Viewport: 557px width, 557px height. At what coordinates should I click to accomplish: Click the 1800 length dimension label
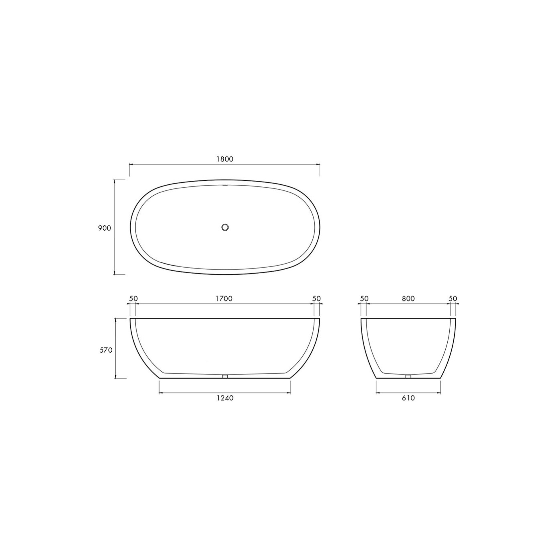point(225,159)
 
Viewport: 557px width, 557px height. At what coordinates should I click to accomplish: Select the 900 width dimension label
point(104,228)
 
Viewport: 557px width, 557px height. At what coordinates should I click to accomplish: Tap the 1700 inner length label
point(224,298)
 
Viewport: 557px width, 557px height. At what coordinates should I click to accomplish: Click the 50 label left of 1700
point(133,298)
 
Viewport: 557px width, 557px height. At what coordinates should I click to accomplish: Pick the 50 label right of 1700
point(316,298)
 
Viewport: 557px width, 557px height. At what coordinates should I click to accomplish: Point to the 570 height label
point(106,350)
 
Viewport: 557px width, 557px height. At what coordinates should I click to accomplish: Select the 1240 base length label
point(225,398)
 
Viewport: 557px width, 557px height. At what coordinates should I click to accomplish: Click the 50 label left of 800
point(364,298)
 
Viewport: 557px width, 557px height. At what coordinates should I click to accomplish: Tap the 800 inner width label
point(408,298)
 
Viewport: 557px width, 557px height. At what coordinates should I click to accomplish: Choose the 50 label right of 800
point(453,298)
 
